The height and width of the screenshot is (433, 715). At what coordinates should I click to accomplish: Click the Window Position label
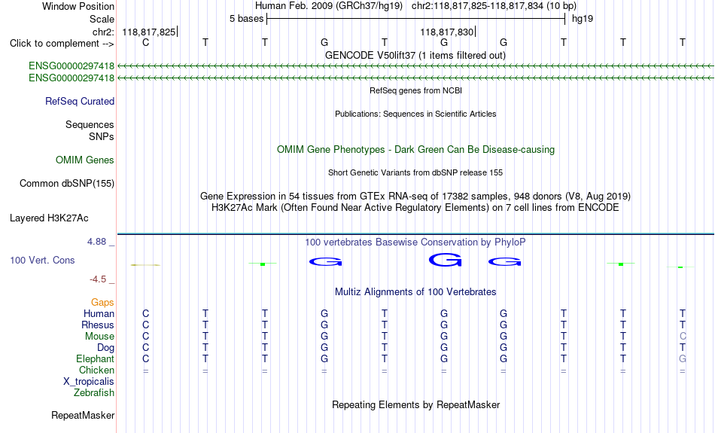[78, 6]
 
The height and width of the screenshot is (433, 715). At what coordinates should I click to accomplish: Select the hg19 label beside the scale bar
[583, 19]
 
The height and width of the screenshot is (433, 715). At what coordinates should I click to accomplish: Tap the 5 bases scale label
[246, 19]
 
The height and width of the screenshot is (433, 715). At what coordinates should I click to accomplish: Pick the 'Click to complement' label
[62, 44]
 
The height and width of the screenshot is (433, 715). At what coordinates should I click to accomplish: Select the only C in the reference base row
[145, 42]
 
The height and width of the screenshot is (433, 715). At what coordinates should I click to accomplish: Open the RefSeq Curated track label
[80, 102]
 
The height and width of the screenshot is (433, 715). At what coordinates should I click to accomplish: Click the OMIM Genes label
[85, 160]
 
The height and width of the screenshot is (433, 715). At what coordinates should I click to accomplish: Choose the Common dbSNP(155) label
[67, 184]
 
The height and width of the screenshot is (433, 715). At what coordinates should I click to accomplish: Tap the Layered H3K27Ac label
[49, 218]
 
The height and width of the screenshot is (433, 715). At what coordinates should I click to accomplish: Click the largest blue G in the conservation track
[445, 260]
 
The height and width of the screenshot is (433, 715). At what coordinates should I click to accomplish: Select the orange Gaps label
[102, 302]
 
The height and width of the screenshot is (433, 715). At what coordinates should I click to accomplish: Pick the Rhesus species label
[98, 325]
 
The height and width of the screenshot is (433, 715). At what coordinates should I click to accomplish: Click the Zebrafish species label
[94, 392]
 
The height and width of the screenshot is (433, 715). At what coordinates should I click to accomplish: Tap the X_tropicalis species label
[89, 382]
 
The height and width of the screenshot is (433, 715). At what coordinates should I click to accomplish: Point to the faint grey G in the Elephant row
[682, 358]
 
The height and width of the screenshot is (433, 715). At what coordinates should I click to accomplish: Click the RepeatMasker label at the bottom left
[83, 415]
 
